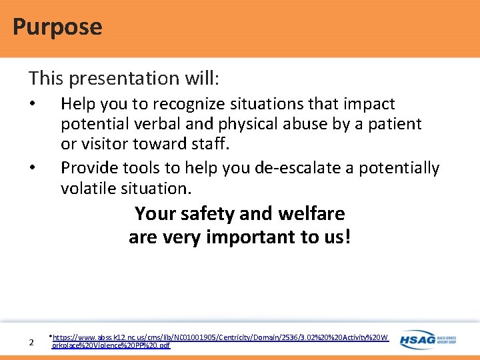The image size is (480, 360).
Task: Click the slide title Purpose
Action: click(x=57, y=27)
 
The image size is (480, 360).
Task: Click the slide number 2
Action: click(x=31, y=343)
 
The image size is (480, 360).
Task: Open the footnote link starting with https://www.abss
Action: click(x=220, y=338)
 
